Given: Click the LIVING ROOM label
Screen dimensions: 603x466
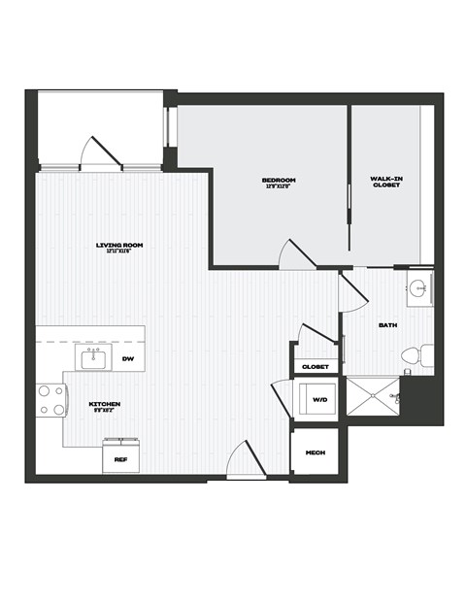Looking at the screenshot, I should pos(119,245).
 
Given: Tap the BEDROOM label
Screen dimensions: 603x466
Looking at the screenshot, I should pos(279,180).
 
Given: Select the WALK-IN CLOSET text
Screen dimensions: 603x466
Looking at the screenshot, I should pos(385,182).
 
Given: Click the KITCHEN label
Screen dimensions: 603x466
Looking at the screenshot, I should pos(104,403).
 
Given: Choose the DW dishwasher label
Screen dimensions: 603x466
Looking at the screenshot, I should pos(126,359).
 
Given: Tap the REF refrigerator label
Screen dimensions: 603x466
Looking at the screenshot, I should pos(121,458).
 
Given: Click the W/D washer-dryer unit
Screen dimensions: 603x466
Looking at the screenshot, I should pos(319,399).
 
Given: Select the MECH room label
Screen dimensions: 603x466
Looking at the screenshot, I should pos(315,453).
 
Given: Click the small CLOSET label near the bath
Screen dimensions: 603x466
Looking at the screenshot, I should pos(315,366).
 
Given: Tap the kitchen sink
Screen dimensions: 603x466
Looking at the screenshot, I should pos(93,360).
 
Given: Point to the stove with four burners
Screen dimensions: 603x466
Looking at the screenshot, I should pos(50,400).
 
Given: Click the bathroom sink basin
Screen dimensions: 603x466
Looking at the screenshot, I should pos(418,288).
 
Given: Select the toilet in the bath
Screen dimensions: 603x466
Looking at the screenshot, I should pos(412,356).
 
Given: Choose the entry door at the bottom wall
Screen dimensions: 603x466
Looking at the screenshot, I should pos(244,460).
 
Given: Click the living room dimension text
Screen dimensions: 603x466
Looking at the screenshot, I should pos(119,251).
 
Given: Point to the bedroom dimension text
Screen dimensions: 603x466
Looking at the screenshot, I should pos(279,186).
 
